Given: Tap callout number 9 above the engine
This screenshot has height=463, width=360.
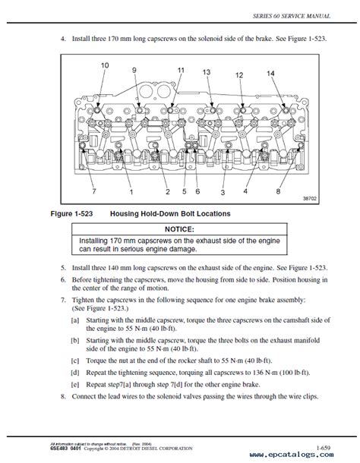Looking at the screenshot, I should [134, 71].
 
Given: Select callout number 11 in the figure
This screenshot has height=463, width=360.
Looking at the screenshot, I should [180, 70].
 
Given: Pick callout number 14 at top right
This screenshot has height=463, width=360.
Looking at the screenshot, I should [270, 73].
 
